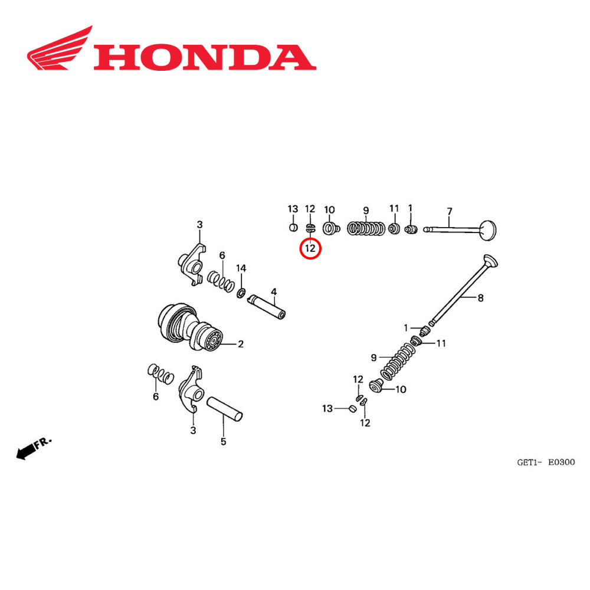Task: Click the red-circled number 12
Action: (x=310, y=249)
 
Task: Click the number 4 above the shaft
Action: (x=274, y=291)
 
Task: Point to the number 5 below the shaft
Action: (x=223, y=441)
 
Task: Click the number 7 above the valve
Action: (x=450, y=211)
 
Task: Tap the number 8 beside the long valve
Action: (x=480, y=299)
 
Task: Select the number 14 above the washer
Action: (x=241, y=268)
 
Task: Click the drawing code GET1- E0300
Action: (x=546, y=463)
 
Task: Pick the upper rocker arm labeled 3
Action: (x=192, y=263)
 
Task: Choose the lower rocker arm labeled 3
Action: (x=194, y=392)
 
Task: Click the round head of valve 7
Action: (x=489, y=230)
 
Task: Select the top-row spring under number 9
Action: (x=366, y=228)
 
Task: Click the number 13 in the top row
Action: (x=293, y=209)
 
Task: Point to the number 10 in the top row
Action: (x=329, y=209)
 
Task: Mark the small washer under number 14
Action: (x=241, y=293)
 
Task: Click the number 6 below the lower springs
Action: (x=156, y=396)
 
